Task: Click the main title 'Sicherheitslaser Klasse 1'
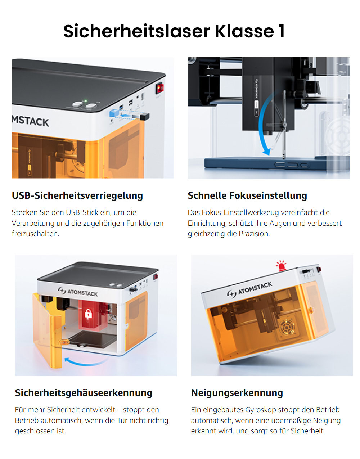174,31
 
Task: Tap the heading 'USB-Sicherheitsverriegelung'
77,195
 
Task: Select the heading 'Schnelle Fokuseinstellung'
247,195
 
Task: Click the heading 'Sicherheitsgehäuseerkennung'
84,393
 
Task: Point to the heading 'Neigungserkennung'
237,393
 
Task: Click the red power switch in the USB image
159,88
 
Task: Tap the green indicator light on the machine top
85,101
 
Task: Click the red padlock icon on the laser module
89,314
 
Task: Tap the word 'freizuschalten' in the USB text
35,234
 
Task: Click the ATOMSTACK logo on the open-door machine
78,292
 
